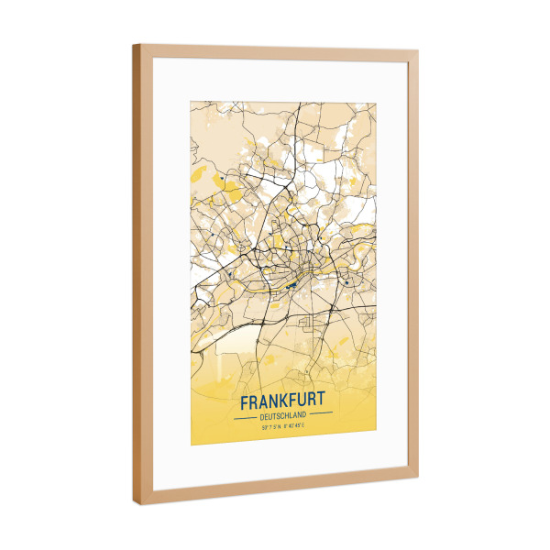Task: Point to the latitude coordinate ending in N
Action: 269,426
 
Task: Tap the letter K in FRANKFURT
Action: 287,401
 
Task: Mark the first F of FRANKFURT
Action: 243,402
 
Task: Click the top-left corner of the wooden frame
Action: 134,45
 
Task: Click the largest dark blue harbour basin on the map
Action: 290,285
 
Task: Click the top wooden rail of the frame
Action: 275,54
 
